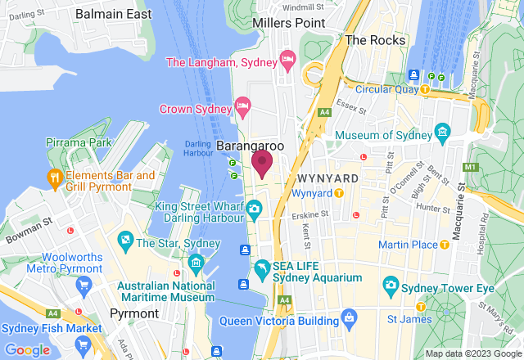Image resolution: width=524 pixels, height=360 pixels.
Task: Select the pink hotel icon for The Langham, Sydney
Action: coord(287,60)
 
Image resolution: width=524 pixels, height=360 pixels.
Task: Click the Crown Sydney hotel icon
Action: coord(242,106)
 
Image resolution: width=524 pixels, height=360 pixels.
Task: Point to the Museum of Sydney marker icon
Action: coord(443,131)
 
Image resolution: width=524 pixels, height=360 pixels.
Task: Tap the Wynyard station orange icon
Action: coord(338,194)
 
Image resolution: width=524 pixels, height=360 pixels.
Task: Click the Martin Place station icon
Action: coord(445,245)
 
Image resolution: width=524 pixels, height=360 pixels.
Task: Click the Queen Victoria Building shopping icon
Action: coord(349,317)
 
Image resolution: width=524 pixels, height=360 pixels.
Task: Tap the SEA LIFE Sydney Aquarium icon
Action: coord(262,268)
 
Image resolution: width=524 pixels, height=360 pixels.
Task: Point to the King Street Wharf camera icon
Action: coord(255,210)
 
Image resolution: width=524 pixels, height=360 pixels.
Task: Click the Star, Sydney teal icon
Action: coord(125,242)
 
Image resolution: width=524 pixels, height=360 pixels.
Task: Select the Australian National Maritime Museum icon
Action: coord(196,263)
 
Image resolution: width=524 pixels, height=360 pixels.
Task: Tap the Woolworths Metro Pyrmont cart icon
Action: coord(83,285)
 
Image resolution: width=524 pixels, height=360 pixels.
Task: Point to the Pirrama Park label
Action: coord(79,143)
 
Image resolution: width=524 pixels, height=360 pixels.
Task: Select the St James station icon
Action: coord(420,307)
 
